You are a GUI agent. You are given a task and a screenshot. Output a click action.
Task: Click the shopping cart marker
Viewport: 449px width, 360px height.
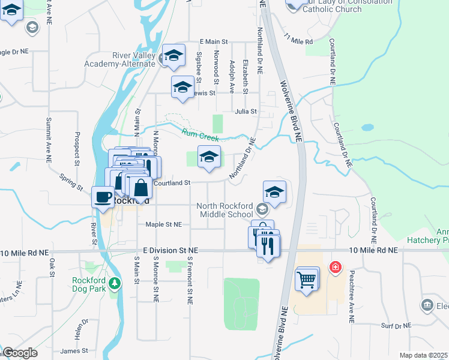(x=307, y=279)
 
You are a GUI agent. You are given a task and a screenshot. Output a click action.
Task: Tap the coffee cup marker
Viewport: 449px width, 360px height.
(x=103, y=197)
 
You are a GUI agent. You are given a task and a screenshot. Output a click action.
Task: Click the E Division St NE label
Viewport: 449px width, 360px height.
(x=170, y=250)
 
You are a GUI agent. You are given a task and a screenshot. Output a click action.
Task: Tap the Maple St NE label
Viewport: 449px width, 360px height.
(x=163, y=224)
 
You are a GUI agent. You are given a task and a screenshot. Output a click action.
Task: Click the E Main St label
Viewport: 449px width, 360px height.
(x=214, y=41)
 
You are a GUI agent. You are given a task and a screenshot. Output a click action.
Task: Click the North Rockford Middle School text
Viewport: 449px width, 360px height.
(x=225, y=210)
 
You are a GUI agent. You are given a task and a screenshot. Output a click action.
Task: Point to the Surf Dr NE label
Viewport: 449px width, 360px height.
(x=396, y=326)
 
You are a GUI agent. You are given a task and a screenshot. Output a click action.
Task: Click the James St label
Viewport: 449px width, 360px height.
(x=74, y=351)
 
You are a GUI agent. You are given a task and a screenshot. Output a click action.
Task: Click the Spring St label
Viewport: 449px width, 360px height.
(x=71, y=182)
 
